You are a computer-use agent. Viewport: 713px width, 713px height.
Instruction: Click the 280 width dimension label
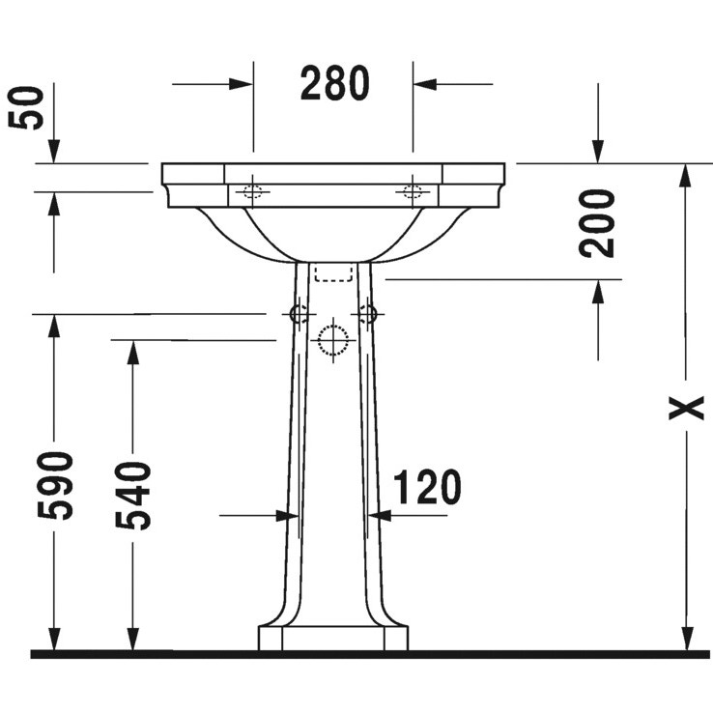333,84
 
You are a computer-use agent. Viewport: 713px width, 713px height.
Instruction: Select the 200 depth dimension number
599,222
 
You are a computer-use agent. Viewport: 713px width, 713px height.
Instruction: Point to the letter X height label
687,408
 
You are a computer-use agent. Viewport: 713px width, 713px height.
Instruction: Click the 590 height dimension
60,485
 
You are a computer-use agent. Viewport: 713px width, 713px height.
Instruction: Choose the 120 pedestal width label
426,488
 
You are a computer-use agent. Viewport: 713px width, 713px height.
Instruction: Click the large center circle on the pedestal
332,341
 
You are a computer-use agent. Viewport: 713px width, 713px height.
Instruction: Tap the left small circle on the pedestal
299,313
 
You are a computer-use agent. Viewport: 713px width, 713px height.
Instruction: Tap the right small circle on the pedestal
367,313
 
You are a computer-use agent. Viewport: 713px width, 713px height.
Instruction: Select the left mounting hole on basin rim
253,191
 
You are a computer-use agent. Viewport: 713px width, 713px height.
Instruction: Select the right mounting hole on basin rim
413,191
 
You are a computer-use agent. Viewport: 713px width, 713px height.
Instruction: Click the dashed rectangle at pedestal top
332,271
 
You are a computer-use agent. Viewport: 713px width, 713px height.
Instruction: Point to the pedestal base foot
332,639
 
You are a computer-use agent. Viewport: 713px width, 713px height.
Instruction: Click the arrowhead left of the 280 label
243,84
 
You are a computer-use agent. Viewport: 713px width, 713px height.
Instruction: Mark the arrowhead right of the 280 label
423,84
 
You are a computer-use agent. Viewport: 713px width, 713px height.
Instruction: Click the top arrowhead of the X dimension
687,174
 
